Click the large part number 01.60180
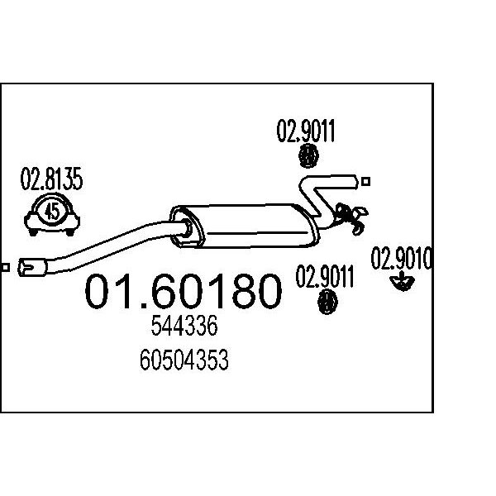tap(183, 291)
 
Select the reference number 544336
tap(184, 326)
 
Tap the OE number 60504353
tap(184, 360)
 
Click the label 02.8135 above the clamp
tap(51, 179)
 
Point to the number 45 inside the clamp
tap(52, 212)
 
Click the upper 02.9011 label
tap(306, 131)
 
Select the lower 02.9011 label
tap(325, 277)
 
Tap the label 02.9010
tap(402, 259)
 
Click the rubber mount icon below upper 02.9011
tap(308, 155)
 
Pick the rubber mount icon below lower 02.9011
tap(327, 302)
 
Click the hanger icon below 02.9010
tap(402, 281)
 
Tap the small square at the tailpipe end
tap(365, 182)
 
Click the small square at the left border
tap(5, 268)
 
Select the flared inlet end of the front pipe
tap(32, 268)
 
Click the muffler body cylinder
tap(253, 225)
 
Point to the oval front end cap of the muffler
tap(187, 226)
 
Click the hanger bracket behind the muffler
tap(351, 217)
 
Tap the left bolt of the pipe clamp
tap(33, 231)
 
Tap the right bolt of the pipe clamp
tap(70, 231)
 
